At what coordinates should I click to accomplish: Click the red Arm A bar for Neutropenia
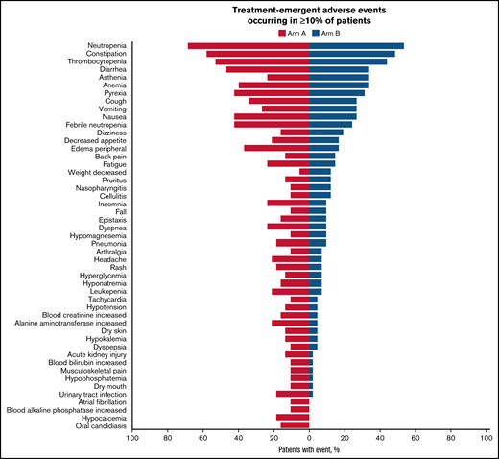[249, 46]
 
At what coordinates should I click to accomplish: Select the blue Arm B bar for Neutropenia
[356, 46]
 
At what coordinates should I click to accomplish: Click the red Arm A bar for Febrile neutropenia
[272, 124]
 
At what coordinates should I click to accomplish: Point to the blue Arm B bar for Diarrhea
[339, 69]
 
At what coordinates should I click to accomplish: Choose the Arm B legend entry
[327, 32]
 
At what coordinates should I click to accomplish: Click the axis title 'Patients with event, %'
[309, 449]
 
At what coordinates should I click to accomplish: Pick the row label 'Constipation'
[100, 54]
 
